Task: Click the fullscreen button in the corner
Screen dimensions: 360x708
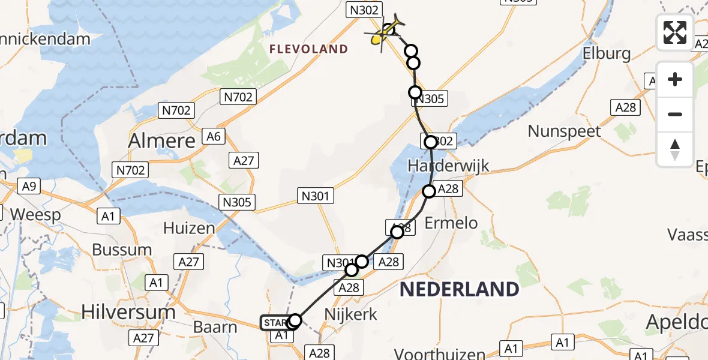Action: coord(675,32)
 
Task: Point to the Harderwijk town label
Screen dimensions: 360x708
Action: coord(448,166)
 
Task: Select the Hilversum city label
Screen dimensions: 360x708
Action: coord(128,312)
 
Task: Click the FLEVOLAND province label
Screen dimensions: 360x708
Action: coord(309,49)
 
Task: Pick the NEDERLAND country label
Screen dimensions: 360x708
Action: coord(459,290)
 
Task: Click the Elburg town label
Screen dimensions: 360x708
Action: coord(607,54)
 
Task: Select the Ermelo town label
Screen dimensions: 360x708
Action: coord(451,223)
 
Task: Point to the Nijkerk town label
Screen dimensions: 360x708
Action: coord(350,314)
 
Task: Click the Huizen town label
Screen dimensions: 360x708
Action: coord(189,229)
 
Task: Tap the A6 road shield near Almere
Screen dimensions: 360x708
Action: coord(214,137)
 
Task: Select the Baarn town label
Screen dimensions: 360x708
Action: coord(216,328)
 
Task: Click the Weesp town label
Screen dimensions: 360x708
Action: coord(36,215)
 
